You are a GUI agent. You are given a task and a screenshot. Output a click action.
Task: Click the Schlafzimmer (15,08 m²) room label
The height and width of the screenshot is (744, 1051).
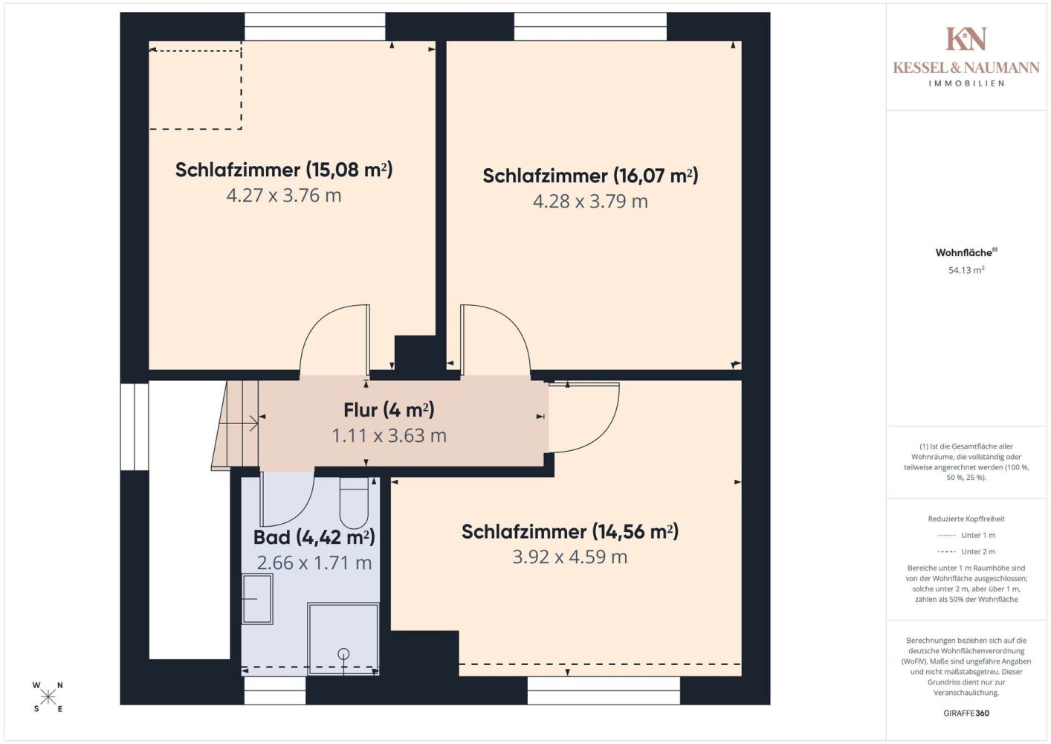click(x=284, y=170)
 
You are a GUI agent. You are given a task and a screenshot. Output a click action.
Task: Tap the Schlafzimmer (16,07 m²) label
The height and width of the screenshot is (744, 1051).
click(x=590, y=176)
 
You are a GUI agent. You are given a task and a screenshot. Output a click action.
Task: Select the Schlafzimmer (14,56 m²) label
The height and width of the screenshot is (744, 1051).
click(x=570, y=532)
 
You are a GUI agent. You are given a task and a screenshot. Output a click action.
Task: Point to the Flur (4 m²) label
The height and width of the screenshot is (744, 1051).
click(x=389, y=410)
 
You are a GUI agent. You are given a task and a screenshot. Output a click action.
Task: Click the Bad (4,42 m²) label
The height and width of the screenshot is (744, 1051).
click(x=314, y=537)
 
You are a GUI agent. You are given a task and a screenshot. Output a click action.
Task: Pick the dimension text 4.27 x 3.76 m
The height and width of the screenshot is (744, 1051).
click(x=284, y=196)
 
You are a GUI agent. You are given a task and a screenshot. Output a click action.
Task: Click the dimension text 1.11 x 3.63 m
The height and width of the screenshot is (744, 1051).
click(x=389, y=436)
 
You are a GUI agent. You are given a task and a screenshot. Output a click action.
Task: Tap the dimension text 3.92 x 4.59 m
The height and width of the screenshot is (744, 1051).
click(x=569, y=557)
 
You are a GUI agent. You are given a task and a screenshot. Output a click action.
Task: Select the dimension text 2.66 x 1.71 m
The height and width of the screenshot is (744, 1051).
click(x=314, y=562)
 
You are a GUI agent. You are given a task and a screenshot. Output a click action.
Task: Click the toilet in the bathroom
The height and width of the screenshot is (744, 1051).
click(x=353, y=504)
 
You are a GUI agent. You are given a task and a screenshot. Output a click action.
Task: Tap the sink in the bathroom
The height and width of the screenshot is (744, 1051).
click(x=257, y=599)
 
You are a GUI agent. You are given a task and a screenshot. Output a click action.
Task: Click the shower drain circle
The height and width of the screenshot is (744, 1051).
click(x=344, y=653)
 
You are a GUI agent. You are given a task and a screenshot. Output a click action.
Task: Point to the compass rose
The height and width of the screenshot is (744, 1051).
click(x=48, y=697)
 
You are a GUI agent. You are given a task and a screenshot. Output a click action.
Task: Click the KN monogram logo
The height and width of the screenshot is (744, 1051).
click(x=966, y=39)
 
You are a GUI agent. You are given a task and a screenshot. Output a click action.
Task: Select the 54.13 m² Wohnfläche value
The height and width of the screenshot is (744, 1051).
click(x=966, y=270)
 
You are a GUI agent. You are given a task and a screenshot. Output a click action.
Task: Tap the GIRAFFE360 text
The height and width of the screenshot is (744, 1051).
click(x=966, y=713)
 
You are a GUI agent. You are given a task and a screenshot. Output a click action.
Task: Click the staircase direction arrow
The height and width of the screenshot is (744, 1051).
click(x=239, y=423)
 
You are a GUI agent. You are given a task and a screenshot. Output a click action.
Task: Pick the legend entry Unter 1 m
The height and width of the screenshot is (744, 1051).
click(x=966, y=535)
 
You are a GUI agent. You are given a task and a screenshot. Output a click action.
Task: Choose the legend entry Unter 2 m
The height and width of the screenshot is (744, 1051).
click(x=966, y=551)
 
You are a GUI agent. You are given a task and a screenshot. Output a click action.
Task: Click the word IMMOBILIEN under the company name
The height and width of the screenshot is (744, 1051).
click(x=966, y=83)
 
